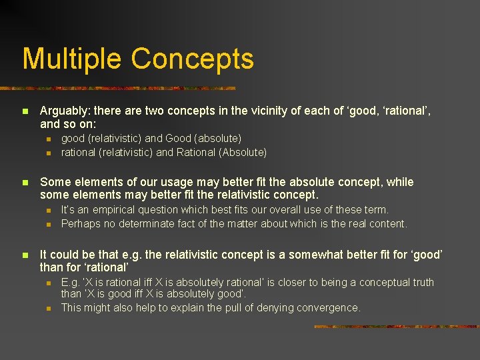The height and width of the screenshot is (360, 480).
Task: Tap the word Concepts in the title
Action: tap(193, 59)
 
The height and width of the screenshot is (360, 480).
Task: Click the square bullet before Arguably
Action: tap(25, 112)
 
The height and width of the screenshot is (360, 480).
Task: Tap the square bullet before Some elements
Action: tap(25, 183)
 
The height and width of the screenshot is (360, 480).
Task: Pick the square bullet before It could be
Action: tap(25, 255)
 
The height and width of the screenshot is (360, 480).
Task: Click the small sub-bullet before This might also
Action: tap(49, 308)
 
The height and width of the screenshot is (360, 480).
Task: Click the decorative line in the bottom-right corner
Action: tap(396, 327)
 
